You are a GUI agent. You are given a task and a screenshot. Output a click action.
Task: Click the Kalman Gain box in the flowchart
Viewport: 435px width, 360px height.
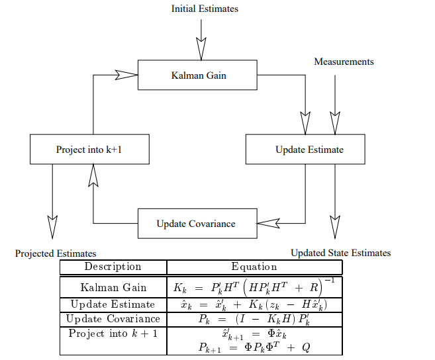197,75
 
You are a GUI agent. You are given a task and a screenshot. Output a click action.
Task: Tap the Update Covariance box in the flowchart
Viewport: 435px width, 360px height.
197,224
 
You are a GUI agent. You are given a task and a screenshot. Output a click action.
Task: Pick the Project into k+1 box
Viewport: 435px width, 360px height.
89,150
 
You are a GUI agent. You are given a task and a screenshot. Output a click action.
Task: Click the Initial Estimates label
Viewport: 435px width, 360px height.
205,9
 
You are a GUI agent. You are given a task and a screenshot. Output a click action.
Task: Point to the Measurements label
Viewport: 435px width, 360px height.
344,62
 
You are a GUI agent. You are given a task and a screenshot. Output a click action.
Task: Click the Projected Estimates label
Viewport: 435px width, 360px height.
56,253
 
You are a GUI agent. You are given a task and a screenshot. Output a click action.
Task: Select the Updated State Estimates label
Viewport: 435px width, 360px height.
340,253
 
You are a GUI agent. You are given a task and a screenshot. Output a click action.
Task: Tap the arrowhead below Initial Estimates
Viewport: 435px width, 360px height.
201,49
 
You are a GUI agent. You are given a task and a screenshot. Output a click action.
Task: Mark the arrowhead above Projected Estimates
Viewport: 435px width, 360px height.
52,227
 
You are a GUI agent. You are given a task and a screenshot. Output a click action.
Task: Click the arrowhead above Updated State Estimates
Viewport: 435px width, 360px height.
335,227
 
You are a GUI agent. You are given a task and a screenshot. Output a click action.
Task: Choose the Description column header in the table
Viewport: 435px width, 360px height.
113,267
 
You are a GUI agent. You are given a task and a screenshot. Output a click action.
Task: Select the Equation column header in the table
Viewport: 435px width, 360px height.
254,267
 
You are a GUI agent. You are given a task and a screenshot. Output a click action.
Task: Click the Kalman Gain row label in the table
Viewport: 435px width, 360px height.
113,288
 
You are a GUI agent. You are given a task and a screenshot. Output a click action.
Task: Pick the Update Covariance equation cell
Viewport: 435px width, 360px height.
254,319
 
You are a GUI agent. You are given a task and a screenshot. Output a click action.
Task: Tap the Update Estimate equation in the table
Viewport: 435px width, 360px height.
254,304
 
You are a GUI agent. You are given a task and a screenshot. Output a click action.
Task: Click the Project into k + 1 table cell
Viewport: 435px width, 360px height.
113,333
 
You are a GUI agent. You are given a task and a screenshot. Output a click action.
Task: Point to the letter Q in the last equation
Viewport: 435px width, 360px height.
305,348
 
